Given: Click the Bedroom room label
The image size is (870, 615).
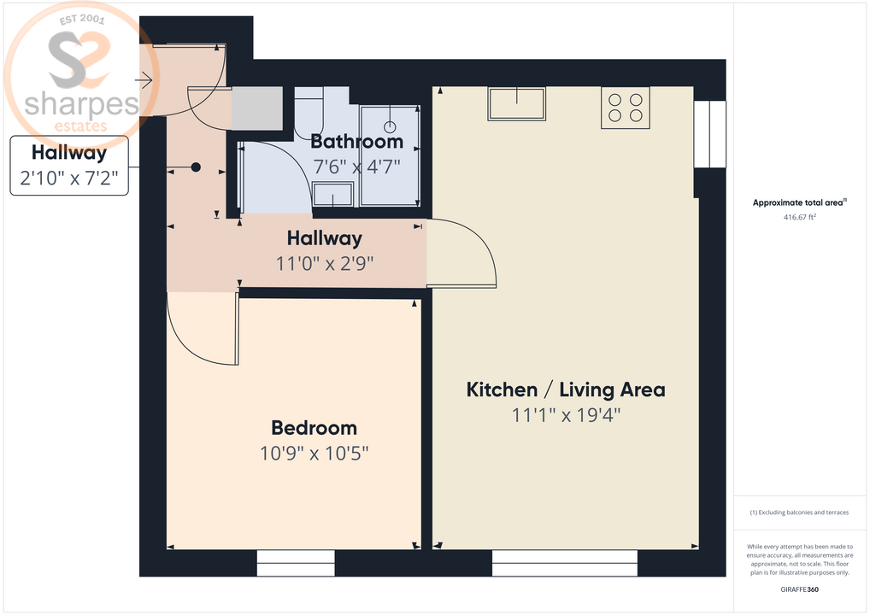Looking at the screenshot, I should (x=314, y=428).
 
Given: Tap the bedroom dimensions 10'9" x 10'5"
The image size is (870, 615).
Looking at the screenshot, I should (x=314, y=453).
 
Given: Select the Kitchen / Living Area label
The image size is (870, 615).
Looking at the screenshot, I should (x=565, y=390).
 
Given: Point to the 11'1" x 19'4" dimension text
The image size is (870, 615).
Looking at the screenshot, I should (x=565, y=416).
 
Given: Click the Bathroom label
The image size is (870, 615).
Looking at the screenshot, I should (x=356, y=142).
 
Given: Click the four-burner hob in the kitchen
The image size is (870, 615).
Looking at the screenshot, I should (x=625, y=108).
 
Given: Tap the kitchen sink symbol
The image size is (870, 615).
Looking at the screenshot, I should (x=516, y=103).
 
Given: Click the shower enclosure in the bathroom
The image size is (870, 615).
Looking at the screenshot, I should (x=390, y=155).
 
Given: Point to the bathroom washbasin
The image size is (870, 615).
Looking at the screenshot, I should (x=332, y=196).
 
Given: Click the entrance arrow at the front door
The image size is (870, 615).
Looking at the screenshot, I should (x=143, y=81).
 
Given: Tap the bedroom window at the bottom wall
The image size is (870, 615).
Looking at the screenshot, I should (x=296, y=563).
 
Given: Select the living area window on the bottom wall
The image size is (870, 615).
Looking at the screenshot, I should (x=564, y=563).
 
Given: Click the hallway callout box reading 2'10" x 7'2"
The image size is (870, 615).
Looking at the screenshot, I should (x=69, y=166).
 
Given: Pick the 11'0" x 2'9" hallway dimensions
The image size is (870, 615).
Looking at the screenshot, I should (x=325, y=264).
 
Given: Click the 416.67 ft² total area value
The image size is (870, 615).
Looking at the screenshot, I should (x=798, y=218).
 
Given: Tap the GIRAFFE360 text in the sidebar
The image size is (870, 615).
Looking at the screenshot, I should (x=799, y=589).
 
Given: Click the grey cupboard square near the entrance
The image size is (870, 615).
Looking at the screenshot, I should (x=257, y=108).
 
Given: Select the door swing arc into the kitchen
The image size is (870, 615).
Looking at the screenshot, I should (x=466, y=252).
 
